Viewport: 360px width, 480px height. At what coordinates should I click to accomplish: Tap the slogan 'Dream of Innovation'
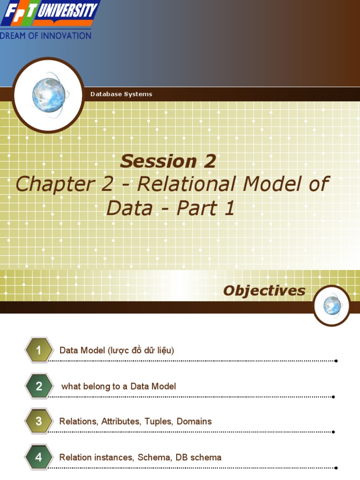(46, 36)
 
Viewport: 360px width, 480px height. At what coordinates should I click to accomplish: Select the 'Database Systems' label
(121, 94)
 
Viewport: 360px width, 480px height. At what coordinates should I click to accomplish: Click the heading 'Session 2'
(168, 161)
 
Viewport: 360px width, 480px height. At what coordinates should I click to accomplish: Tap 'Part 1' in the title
(205, 208)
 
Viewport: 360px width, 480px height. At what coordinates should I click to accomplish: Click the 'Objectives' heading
(264, 291)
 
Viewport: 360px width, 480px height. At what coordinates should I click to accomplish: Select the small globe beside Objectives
(332, 306)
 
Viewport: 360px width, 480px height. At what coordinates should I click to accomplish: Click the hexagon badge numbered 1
(39, 350)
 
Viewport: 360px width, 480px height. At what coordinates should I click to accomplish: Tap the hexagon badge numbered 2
(39, 386)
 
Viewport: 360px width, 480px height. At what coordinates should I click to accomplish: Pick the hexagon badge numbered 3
(39, 421)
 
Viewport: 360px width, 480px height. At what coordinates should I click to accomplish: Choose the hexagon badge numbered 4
(39, 457)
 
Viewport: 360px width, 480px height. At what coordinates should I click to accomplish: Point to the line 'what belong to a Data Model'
(119, 386)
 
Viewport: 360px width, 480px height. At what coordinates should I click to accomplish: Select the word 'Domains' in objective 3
(194, 421)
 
